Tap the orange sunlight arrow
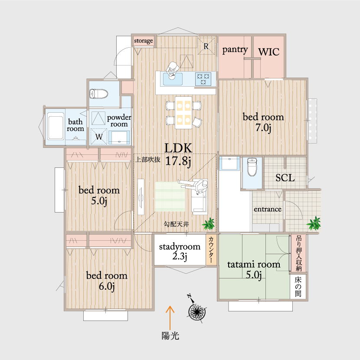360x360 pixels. tap(170, 318)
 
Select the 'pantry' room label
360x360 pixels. tap(235, 50)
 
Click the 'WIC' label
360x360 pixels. tap(268, 52)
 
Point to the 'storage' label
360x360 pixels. tap(144, 41)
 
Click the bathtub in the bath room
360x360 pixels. tap(56, 126)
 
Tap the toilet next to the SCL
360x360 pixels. tap(252, 167)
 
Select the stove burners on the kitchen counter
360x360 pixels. tap(203, 79)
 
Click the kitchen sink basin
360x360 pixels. tap(173, 79)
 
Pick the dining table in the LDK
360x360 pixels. tap(183, 112)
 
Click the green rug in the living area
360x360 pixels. tap(170, 196)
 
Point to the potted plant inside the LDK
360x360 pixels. tap(209, 224)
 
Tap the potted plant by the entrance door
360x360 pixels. tap(314, 223)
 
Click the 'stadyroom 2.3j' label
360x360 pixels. tap(180, 252)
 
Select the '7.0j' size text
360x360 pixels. tap(263, 128)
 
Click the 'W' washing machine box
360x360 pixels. tap(99, 137)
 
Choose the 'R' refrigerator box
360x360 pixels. tap(206, 46)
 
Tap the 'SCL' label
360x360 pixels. tap(285, 178)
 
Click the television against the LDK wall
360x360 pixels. tap(141, 197)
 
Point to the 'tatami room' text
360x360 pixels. tap(254, 265)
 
